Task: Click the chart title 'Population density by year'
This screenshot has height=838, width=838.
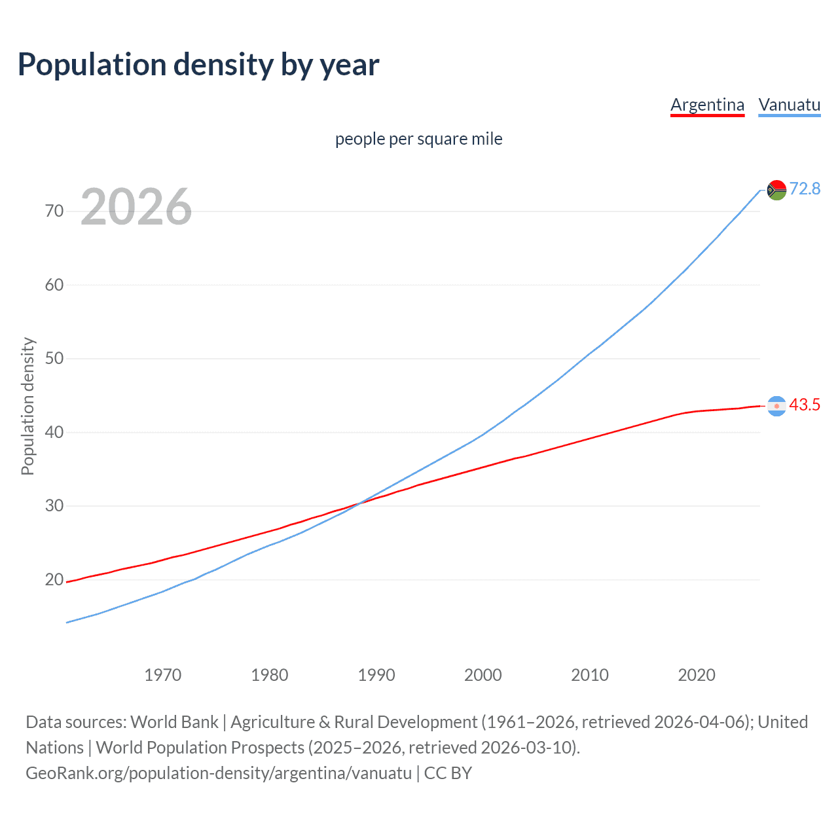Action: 198,65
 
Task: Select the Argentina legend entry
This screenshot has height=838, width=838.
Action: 707,105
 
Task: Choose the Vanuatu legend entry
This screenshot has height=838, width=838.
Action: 789,105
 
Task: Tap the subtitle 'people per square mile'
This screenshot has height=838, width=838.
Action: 418,139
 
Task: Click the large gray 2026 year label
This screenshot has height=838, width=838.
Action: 136,207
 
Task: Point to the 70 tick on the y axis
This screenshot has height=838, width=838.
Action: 54,211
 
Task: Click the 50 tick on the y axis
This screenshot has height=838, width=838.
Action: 54,359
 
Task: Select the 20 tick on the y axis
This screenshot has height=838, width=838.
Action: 54,580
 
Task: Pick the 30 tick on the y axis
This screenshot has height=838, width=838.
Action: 54,506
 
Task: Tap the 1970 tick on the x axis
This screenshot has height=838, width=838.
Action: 162,675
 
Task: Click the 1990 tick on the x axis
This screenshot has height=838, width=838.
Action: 376,675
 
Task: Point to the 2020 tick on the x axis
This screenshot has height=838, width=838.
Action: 696,675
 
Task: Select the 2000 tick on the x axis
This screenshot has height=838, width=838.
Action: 483,675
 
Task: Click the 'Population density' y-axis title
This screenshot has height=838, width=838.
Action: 27,406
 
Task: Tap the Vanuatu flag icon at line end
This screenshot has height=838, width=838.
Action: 776,190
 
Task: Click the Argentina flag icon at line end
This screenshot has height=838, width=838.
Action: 776,406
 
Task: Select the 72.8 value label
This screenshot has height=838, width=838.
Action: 805,189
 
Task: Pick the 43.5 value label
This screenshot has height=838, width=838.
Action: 805,405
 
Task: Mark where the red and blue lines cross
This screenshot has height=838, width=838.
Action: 360,502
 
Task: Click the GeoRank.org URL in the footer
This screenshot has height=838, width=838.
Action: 219,773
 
